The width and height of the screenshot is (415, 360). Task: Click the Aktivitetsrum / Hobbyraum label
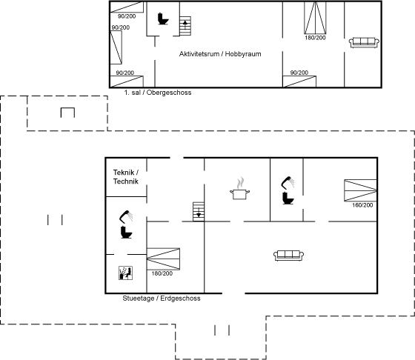220,54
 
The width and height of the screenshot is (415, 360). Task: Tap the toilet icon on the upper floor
163,19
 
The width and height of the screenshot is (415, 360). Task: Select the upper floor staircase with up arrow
185,26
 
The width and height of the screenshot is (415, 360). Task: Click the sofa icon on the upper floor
364,42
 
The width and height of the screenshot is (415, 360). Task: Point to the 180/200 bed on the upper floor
315,18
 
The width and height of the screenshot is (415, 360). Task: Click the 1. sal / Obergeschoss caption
158,93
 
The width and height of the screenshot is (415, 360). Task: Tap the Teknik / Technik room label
126,177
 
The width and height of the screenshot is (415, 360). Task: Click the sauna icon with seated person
125,273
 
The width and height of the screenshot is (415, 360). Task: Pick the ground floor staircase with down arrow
199,212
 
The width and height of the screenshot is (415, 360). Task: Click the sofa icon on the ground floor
288,256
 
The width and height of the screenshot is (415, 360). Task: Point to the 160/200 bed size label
362,205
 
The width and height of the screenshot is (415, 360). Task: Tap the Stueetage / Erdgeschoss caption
162,299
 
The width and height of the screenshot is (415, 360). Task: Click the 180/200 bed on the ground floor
163,259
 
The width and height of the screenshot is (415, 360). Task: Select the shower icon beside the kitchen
288,182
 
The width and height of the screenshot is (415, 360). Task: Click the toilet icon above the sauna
126,233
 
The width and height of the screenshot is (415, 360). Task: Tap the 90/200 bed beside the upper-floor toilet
127,7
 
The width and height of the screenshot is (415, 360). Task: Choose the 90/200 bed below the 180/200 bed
299,81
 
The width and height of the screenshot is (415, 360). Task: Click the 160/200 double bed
360,190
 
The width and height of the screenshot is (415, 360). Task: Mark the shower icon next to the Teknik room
126,216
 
